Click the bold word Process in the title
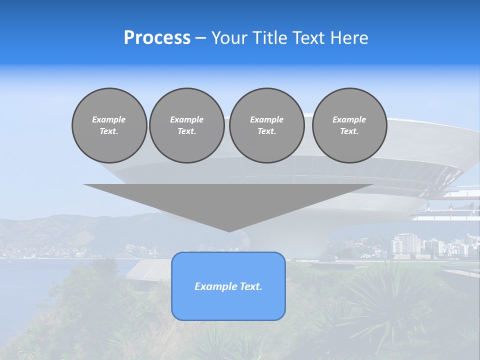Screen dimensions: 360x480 pyautogui.click(x=157, y=38)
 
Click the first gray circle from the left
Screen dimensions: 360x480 pyautogui.click(x=109, y=125)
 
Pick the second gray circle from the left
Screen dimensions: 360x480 pyautogui.click(x=186, y=125)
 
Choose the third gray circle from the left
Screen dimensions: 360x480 pyautogui.click(x=266, y=125)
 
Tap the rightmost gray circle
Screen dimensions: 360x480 pyautogui.click(x=349, y=125)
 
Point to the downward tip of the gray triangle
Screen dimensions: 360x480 pyautogui.click(x=229, y=230)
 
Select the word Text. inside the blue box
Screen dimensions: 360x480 pyautogui.click(x=251, y=286)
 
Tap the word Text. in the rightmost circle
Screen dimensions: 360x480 pyautogui.click(x=349, y=131)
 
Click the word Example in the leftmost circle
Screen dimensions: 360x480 pyautogui.click(x=109, y=119)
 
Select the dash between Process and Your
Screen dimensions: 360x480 pyautogui.click(x=200, y=38)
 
